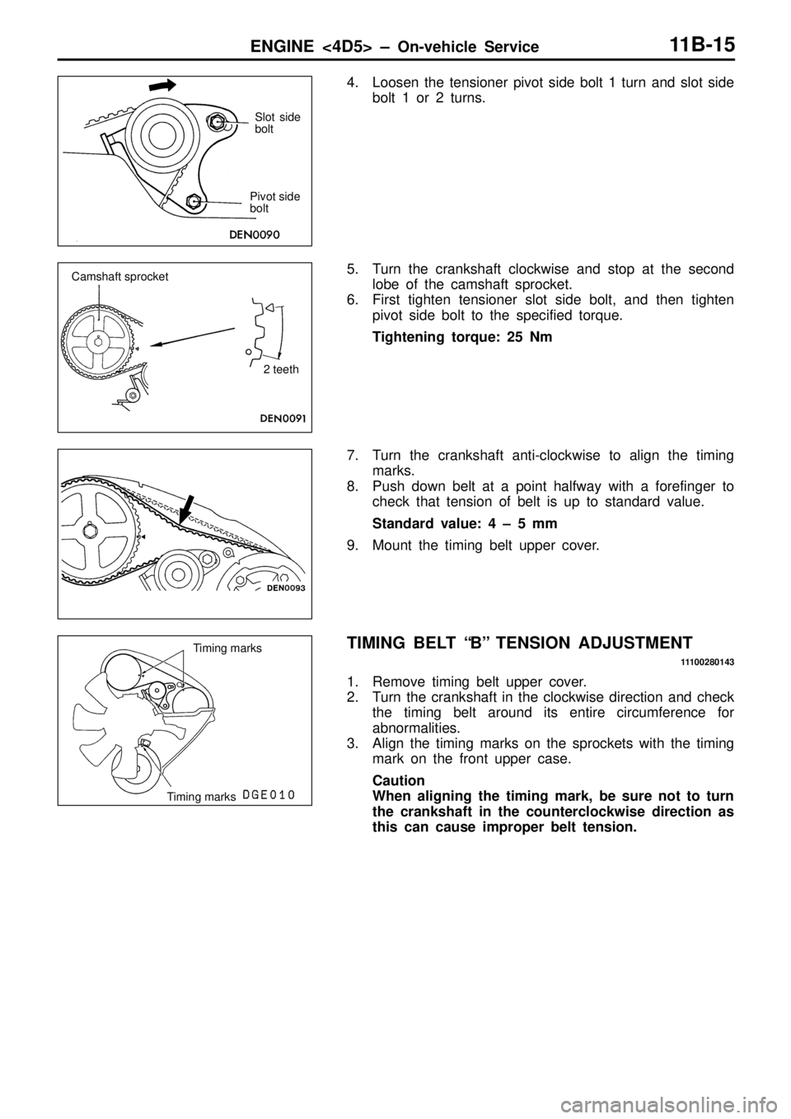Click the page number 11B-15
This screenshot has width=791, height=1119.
pyautogui.click(x=703, y=45)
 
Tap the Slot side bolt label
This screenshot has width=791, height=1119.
pyautogui.click(x=278, y=123)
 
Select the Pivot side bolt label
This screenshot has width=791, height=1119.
pyautogui.click(x=274, y=202)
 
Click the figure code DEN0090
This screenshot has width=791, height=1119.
pyautogui.click(x=255, y=234)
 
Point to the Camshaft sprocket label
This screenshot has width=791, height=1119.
pyautogui.click(x=119, y=276)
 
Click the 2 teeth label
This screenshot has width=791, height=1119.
pyautogui.click(x=281, y=369)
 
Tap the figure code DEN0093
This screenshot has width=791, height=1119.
pyautogui.click(x=285, y=588)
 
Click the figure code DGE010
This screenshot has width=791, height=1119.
pyautogui.click(x=270, y=794)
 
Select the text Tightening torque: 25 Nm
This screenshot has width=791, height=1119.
pyautogui.click(x=462, y=337)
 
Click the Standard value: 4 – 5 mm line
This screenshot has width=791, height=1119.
pyautogui.click(x=465, y=523)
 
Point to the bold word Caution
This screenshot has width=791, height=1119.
pyautogui.click(x=399, y=780)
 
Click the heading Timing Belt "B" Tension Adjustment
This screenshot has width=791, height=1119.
pyautogui.click(x=520, y=642)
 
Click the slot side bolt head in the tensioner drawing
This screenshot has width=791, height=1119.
pyautogui.click(x=217, y=120)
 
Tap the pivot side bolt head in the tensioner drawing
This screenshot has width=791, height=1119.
pyautogui.click(x=193, y=201)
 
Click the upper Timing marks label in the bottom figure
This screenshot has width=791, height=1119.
pyautogui.click(x=227, y=648)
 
